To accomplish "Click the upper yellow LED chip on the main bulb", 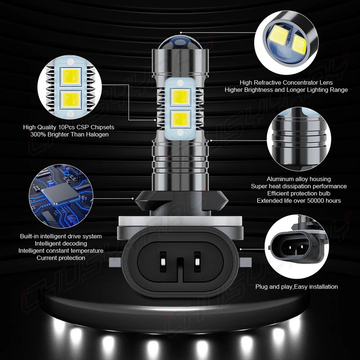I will pos(180,97).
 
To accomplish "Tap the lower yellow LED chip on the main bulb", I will pos(180,119).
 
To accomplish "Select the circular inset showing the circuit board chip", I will pos(61,194).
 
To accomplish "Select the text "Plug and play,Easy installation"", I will pos(297,286).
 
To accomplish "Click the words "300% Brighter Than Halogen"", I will pos(70,134).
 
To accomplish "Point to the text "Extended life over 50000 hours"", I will pos(299,201).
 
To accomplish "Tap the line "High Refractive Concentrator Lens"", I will pos(286,82).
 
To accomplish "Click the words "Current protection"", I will pos(61,258).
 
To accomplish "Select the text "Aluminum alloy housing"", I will pos(299,179).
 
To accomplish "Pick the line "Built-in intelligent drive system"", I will pos(61,236).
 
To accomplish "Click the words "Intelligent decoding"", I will pos(61,243).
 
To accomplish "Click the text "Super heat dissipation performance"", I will pos(299,186).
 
